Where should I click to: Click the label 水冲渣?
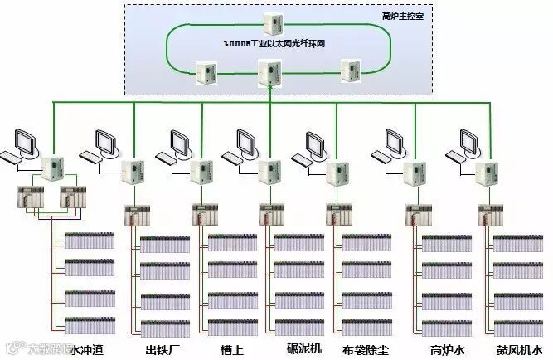(x=86, y=349)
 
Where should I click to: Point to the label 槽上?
(x=231, y=349)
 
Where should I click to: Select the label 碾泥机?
(x=303, y=348)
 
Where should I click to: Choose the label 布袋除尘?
(x=366, y=349)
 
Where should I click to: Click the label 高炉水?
(x=448, y=349)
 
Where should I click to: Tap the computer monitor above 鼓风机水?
(x=461, y=142)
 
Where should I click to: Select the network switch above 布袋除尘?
(x=336, y=173)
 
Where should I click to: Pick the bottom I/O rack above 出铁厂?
(x=164, y=326)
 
